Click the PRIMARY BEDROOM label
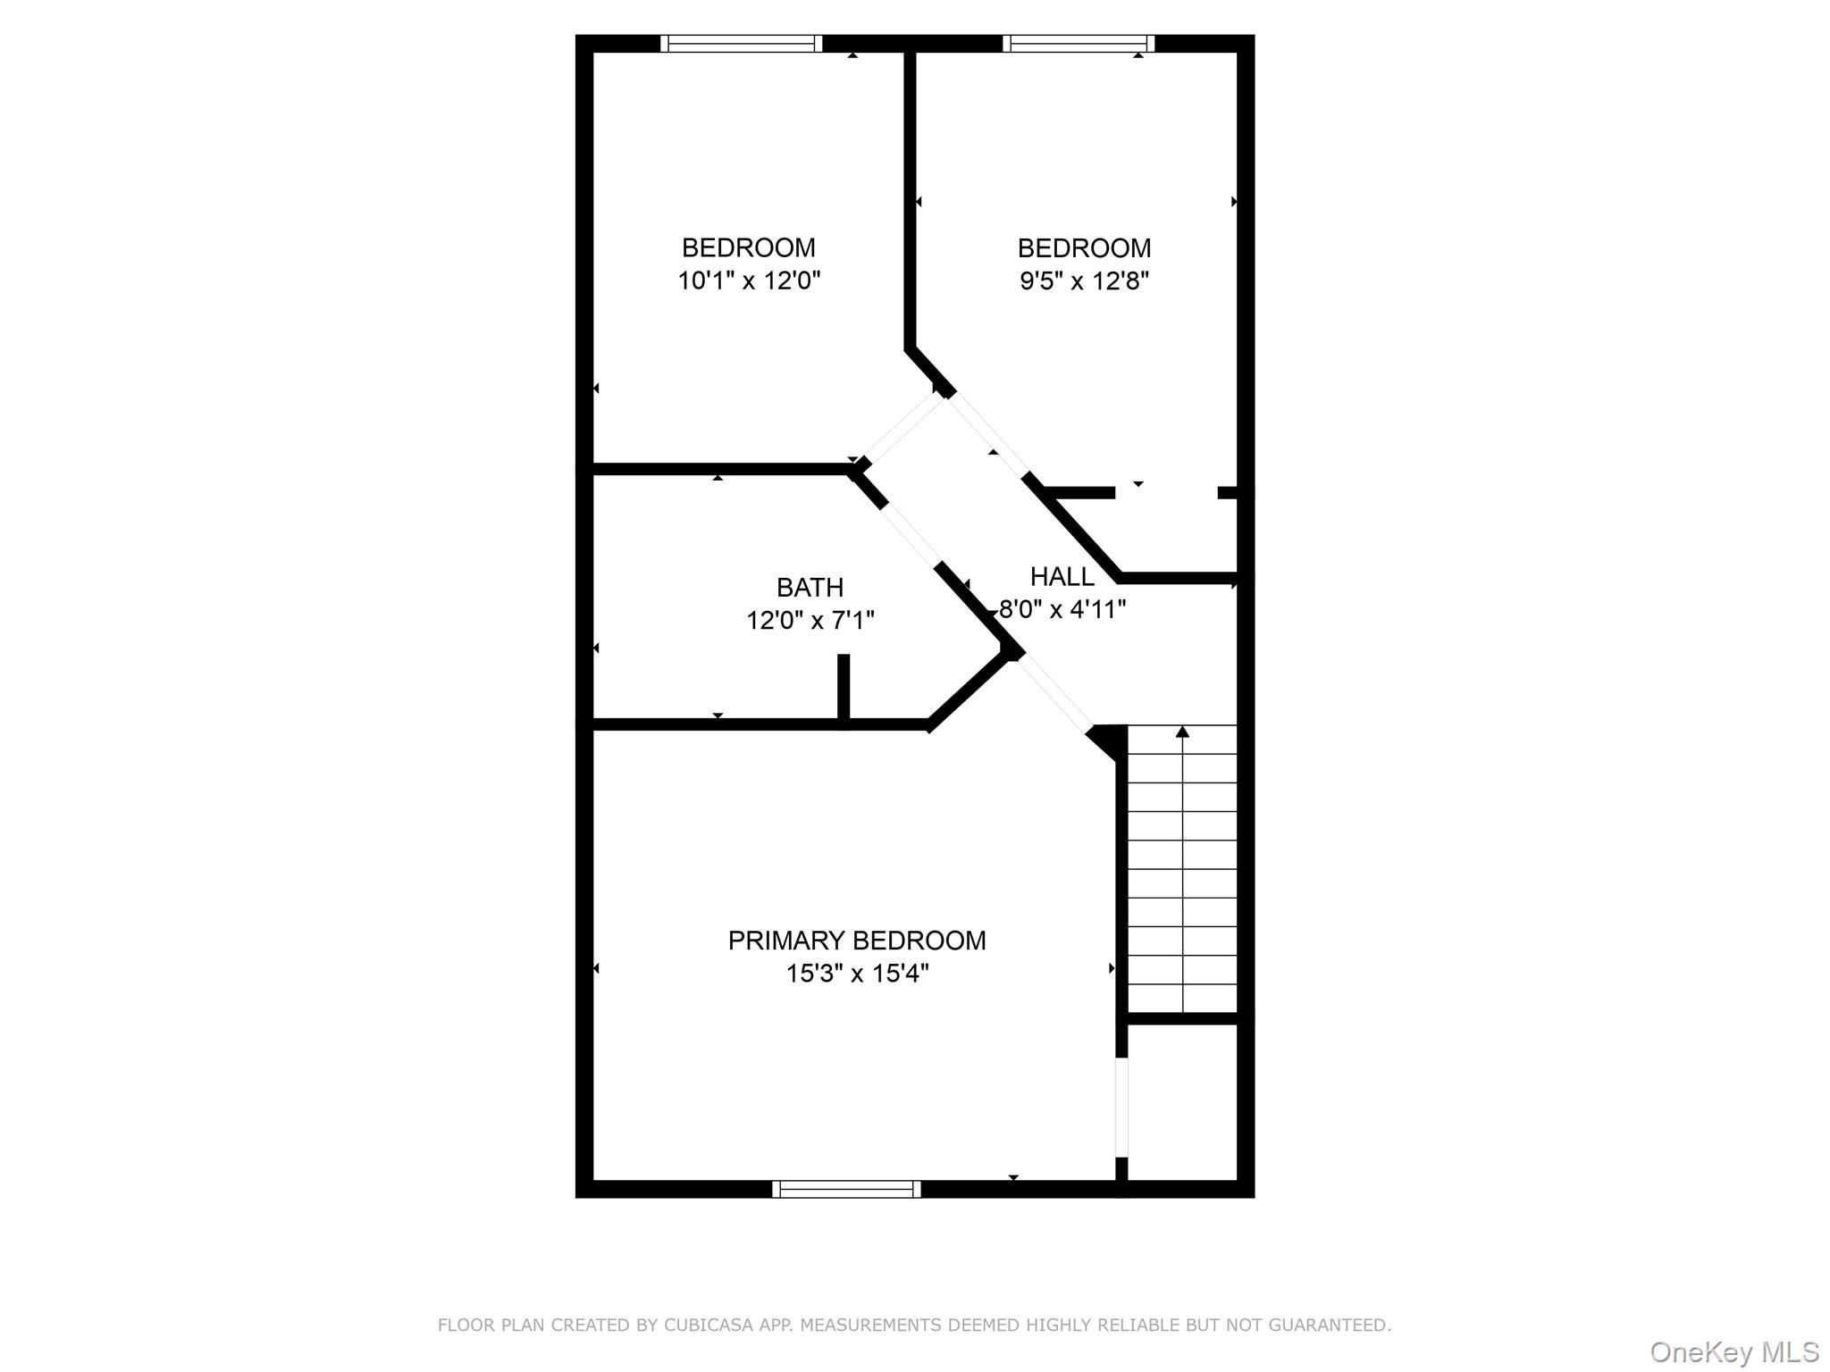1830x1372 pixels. click(x=856, y=941)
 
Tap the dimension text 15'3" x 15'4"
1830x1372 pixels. click(x=856, y=974)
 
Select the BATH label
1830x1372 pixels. click(x=810, y=588)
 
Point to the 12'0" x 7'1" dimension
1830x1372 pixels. click(x=810, y=620)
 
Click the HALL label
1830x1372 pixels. click(x=1062, y=576)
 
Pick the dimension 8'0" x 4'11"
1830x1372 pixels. click(x=1062, y=609)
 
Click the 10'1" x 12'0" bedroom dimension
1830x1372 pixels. click(x=748, y=280)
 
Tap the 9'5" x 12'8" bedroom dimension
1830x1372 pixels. click(x=1083, y=280)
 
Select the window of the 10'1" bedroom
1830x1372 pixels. click(x=741, y=44)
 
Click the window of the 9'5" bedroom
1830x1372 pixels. click(x=1078, y=44)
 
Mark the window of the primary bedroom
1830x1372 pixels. click(x=845, y=1189)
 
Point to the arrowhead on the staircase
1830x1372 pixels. click(x=1182, y=732)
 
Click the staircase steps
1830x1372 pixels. click(x=1182, y=871)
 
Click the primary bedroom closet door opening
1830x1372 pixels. click(x=1121, y=1108)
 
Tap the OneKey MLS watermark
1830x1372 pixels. click(x=1733, y=1351)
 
